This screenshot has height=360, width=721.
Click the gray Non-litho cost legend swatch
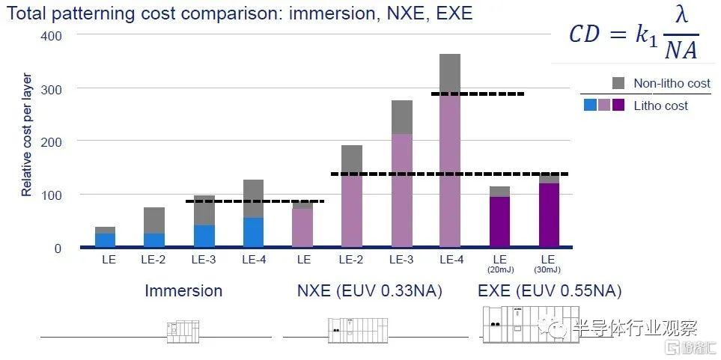coord(618,83)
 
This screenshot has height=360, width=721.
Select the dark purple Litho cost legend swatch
coord(618,106)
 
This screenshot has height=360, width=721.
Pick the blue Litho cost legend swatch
coord(590,106)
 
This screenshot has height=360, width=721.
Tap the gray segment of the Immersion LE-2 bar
coord(154,220)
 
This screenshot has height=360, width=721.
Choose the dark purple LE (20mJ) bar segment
coord(499,222)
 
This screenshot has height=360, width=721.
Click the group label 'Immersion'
coord(183,291)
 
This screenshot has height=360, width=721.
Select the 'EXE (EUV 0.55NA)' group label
coord(550,291)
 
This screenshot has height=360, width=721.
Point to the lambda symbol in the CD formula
coord(681,17)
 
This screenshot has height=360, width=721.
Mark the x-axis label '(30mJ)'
coord(549,269)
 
